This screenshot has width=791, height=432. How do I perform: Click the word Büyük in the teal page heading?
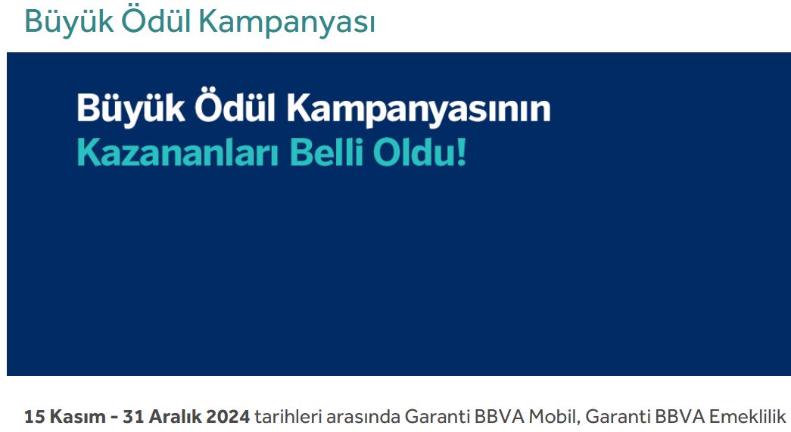coord(69,22)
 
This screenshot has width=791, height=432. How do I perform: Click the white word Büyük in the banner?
coord(131,108)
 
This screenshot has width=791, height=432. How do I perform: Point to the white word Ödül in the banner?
coord(235,106)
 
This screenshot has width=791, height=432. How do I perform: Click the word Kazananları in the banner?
coord(178,152)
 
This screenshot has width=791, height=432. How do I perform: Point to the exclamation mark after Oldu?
coord(460,152)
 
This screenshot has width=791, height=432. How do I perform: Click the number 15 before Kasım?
coord(35,417)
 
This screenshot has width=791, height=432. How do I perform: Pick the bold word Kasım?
coord(78,417)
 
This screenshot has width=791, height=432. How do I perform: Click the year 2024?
coord(228,417)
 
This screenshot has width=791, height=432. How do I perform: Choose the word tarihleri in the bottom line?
coord(288,417)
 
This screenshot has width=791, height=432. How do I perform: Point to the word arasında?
coord(363,417)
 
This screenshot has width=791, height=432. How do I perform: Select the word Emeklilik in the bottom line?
coord(748,417)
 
